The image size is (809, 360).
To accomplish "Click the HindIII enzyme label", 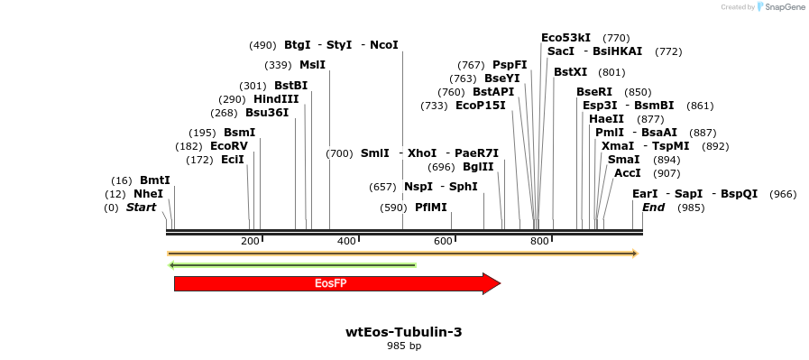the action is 276,99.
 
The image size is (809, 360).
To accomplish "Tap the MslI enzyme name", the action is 313,65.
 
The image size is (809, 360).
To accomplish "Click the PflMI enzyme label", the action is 431,208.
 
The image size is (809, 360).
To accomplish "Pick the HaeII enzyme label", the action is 604,119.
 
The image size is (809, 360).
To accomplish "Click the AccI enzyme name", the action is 628,173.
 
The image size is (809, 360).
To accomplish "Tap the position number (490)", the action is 263,45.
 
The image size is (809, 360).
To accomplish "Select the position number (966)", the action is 783,195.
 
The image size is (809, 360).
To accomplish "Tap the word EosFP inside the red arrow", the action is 327,283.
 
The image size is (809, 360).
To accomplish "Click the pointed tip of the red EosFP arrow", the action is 501,283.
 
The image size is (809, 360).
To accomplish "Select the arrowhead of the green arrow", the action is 171,265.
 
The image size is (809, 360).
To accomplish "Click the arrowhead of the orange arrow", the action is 636,254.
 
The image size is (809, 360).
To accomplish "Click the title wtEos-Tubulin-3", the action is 404,332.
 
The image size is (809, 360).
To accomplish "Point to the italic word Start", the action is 141,208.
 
